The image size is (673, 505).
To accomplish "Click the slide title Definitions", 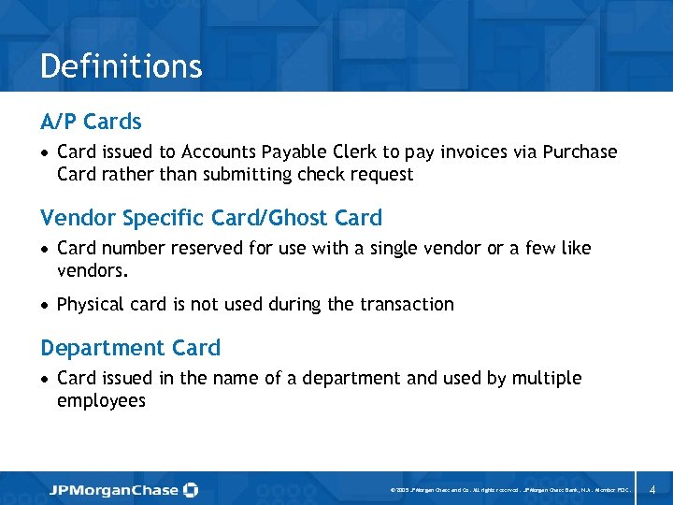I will pyautogui.click(x=122, y=66).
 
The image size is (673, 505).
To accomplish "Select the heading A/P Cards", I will pyautogui.click(x=91, y=122).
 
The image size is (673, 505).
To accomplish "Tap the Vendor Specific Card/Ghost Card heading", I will pyautogui.click(x=211, y=218).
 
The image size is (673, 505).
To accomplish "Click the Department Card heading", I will pyautogui.click(x=130, y=348).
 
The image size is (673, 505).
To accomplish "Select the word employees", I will pyautogui.click(x=101, y=401).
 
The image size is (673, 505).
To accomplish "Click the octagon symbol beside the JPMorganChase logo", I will pyautogui.click(x=191, y=489).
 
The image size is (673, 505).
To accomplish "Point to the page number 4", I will pyautogui.click(x=652, y=489).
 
